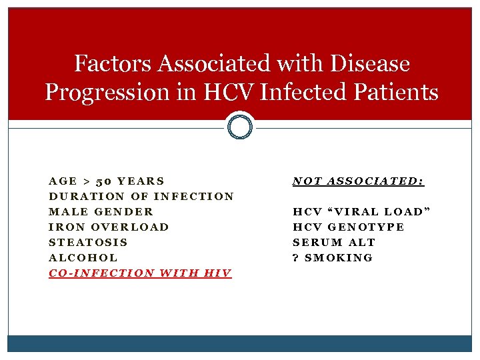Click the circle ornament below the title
[240, 125]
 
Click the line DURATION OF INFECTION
[141, 197]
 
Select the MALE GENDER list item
[101, 212]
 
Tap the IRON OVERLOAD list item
[109, 227]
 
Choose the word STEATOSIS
[89, 243]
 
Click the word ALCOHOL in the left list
[83, 258]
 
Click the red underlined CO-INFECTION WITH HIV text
[140, 273]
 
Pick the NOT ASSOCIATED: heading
[359, 181]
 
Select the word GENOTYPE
[366, 227]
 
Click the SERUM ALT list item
[334, 243]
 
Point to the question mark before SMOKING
[296, 258]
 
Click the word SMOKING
[339, 258]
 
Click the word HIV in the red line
[217, 273]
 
